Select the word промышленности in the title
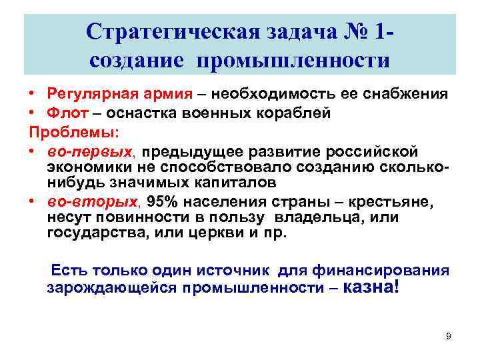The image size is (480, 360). (299, 61)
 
